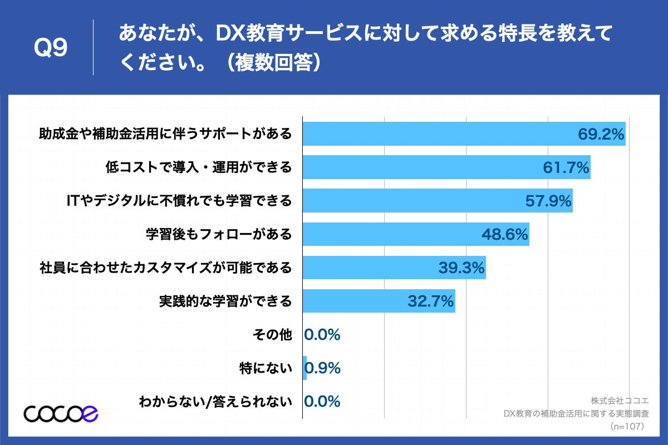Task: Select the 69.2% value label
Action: coord(601,135)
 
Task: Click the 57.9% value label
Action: coord(548,201)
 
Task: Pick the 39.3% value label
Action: coord(461,268)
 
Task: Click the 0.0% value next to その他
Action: coord(322,335)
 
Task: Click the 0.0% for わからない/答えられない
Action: coord(322,402)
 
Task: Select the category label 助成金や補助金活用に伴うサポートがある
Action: coord(165,135)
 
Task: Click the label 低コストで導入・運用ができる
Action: coord(198,167)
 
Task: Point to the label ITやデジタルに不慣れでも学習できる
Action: coord(179,201)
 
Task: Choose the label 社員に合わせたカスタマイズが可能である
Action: coord(165,268)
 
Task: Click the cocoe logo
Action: coord(61,413)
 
